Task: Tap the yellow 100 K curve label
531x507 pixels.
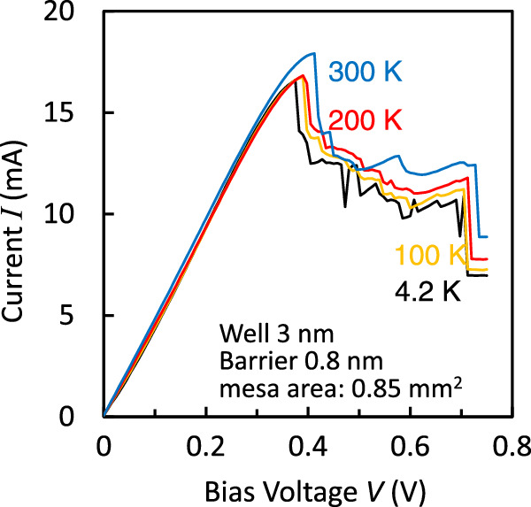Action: click(431, 257)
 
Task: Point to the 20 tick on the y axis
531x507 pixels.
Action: click(75, 12)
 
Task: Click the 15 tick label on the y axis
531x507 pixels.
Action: click(75, 113)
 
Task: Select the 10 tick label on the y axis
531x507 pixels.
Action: click(75, 214)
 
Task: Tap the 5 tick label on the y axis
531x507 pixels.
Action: click(82, 315)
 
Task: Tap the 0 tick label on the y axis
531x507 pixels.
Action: click(82, 416)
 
